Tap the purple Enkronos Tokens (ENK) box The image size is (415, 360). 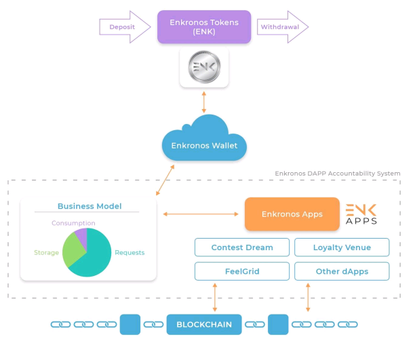[204, 27]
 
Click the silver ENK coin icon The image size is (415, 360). [204, 68]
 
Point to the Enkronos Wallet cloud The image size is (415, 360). [203, 140]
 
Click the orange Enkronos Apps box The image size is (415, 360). [292, 214]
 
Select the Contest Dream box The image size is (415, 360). [242, 247]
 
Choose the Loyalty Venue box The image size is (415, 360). [342, 247]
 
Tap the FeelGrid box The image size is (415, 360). [242, 271]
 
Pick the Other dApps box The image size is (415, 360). [342, 271]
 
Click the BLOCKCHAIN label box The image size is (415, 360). [204, 325]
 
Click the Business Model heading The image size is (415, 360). [88, 206]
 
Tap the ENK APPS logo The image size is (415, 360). [361, 214]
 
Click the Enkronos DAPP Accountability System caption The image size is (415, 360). [337, 174]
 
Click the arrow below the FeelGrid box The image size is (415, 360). [216, 298]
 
